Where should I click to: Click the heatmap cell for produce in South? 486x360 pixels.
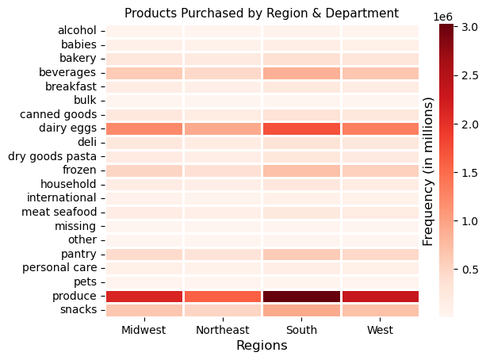(301, 296)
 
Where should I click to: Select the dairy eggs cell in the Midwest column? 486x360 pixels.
(144, 128)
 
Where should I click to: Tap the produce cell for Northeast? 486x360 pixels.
(222, 296)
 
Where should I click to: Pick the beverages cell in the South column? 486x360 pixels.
(301, 73)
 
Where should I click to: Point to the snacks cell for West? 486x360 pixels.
(380, 309)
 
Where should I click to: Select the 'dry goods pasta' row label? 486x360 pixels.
(52, 156)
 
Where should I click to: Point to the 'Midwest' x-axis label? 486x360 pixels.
(144, 329)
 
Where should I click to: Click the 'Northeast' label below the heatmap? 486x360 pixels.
(222, 329)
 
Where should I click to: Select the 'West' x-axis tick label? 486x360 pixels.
(380, 329)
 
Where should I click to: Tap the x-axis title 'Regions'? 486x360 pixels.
(262, 346)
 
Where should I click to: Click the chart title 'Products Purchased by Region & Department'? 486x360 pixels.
(262, 13)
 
